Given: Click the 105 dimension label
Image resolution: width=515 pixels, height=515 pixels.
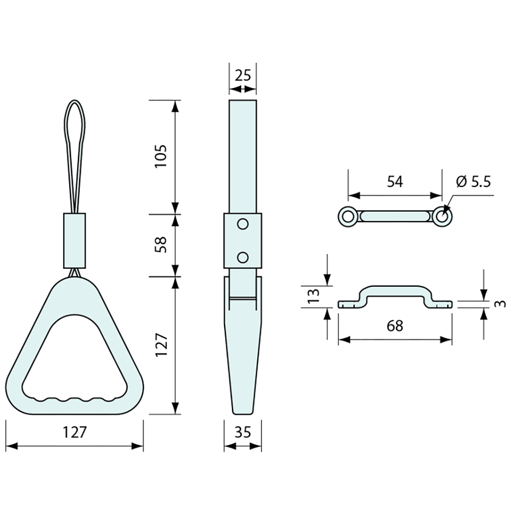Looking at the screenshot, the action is (161, 156).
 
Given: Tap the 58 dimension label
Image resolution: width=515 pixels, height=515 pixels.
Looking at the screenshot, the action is (161, 245).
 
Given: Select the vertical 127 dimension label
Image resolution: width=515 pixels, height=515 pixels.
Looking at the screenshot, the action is (161, 345).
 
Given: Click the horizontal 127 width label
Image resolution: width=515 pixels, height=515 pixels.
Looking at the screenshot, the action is (74, 432).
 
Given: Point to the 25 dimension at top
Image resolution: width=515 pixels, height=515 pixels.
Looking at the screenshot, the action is (243, 75).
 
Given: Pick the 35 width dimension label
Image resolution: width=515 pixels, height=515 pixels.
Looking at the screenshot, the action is (243, 432).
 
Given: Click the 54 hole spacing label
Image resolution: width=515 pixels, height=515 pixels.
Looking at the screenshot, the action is (395, 182).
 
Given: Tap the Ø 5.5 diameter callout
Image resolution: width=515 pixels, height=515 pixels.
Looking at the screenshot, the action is (474, 182).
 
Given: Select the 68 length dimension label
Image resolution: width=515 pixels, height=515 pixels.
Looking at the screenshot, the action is (395, 326).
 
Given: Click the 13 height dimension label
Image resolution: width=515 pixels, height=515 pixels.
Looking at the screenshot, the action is (314, 296).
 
